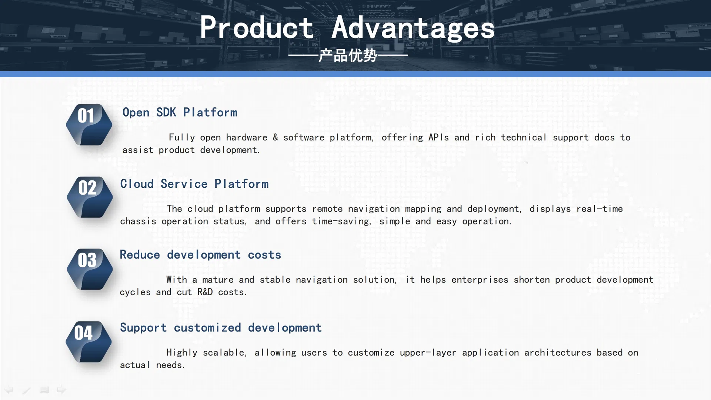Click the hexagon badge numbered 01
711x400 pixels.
(x=89, y=125)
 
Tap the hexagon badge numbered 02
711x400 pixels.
(x=90, y=197)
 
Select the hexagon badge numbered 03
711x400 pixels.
(x=90, y=269)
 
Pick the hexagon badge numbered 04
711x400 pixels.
(x=89, y=342)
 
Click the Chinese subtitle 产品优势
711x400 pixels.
(x=348, y=56)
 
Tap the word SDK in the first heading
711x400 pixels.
(x=166, y=112)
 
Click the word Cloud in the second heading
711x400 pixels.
(x=137, y=184)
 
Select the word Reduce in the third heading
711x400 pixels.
(x=140, y=255)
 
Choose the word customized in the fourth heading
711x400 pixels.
(x=207, y=328)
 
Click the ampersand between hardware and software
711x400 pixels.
(x=276, y=137)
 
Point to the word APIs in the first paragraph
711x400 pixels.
(x=438, y=137)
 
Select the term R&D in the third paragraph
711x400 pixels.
(x=205, y=292)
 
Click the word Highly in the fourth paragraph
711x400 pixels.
(x=182, y=353)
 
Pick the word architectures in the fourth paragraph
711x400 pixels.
(x=558, y=353)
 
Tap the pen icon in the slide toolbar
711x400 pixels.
(x=26, y=390)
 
